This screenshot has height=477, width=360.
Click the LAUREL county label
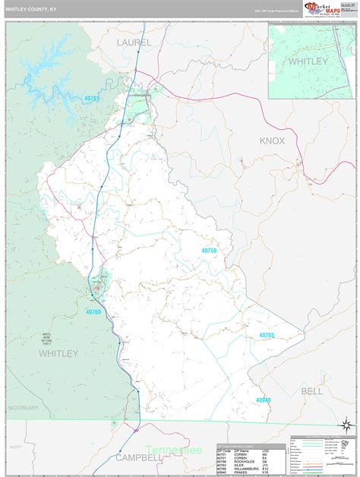pos(135,43)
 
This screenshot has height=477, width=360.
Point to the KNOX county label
pos(272,141)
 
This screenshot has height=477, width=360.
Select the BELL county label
pos(312,390)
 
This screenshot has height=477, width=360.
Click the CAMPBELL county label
pos(140,457)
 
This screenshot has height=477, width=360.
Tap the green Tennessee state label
pos(175,450)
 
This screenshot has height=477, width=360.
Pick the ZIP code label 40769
pos(93,311)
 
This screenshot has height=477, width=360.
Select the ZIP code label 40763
pos(266,335)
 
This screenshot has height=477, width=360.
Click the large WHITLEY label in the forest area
pos(58,353)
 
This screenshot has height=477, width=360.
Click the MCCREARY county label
pos(23,408)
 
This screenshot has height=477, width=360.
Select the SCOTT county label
pos(13,447)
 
